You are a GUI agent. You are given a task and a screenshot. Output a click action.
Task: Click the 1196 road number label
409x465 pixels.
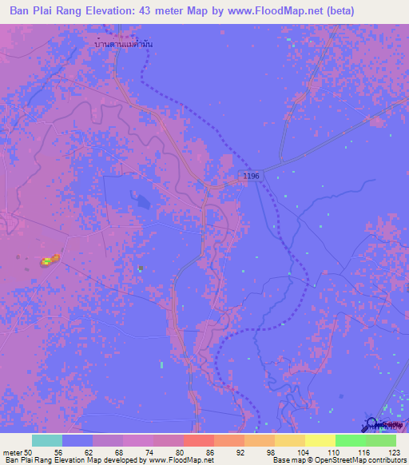[x=252, y=175]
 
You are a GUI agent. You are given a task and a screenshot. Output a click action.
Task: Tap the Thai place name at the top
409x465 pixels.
[x=124, y=45]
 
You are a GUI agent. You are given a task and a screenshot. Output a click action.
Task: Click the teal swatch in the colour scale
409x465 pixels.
[x=46, y=440]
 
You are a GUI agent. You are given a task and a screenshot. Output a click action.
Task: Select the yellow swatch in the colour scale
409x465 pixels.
[x=320, y=440]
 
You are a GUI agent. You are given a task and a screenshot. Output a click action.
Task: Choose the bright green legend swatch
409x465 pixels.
[x=350, y=440]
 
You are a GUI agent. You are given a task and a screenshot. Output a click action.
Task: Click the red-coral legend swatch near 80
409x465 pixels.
[x=198, y=440]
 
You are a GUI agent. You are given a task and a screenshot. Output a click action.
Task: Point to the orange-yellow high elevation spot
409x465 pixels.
[x=48, y=260]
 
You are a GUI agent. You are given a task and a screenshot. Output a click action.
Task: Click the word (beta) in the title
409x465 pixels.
[x=336, y=11]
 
